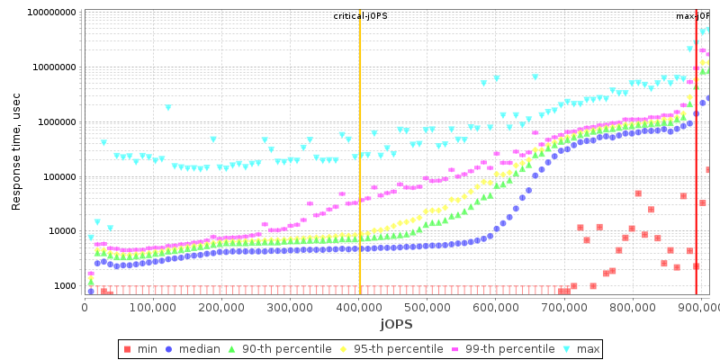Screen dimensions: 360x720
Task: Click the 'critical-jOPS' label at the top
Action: pyautogui.click(x=360, y=16)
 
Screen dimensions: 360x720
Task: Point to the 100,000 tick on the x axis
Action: pyautogui.click(x=153, y=308)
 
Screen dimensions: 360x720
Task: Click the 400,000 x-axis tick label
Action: pyautogui.click(x=359, y=308)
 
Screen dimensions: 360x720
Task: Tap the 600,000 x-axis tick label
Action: pyautogui.click(x=496, y=308)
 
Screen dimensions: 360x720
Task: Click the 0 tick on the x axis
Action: pyautogui.click(x=85, y=308)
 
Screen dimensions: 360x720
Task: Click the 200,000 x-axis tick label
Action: pyautogui.click(x=221, y=308)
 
